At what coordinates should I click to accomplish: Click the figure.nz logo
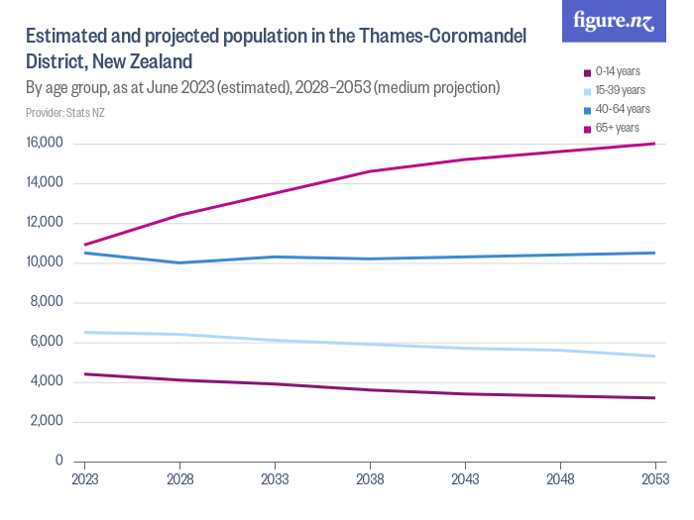click(x=615, y=22)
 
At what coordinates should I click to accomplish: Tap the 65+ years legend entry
click(x=616, y=128)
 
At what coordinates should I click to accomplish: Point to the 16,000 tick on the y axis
click(x=45, y=144)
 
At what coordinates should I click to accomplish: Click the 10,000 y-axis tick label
click(x=45, y=262)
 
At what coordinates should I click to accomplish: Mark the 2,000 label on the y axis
click(x=48, y=421)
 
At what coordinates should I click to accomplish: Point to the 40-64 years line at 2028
click(x=179, y=262)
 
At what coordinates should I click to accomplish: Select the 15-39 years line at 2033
click(x=275, y=340)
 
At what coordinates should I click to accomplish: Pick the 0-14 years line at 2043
click(x=465, y=393)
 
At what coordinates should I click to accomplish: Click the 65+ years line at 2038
click(x=370, y=171)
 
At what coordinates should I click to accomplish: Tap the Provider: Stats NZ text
click(x=65, y=113)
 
